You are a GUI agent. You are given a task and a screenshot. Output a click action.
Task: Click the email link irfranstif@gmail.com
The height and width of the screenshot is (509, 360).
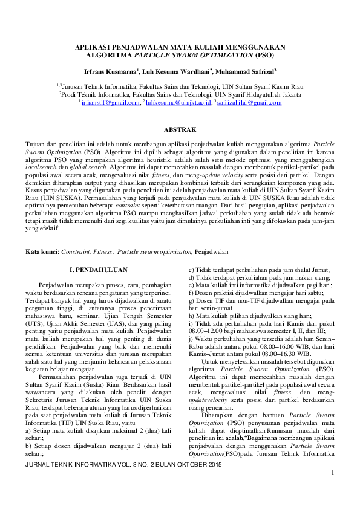(111, 103)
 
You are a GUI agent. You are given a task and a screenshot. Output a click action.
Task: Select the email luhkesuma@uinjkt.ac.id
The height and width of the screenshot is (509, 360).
(178, 103)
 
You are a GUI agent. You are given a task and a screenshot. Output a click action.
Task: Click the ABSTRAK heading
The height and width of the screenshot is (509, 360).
(180, 130)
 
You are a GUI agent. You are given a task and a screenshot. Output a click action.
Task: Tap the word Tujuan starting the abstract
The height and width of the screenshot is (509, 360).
(35, 146)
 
